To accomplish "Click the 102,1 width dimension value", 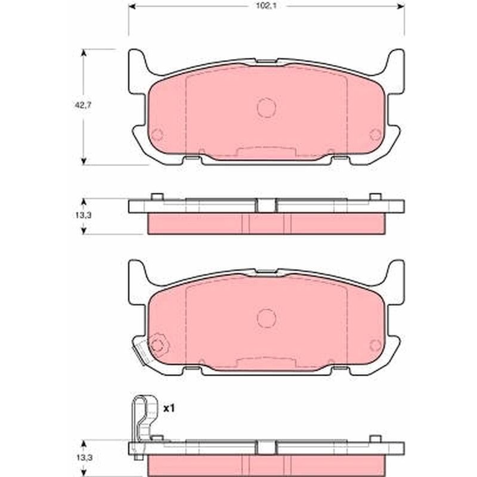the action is point(266,6).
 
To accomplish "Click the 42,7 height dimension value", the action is point(83,106).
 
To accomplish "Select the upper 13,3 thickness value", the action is point(83,215).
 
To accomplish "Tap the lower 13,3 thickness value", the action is point(83,457).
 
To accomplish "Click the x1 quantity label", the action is point(169,408).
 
